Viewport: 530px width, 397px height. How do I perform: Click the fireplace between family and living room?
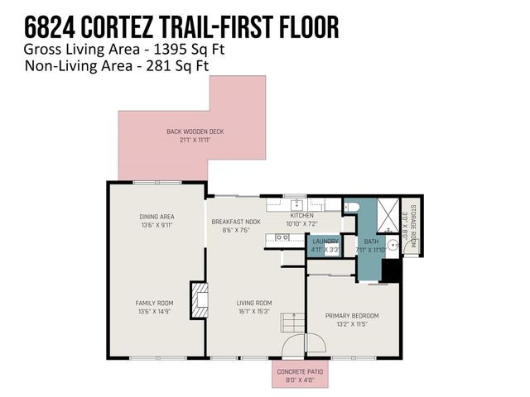(x=197, y=300)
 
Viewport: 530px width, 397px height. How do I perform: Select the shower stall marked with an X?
(x=386, y=212)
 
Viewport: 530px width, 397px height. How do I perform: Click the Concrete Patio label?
(x=301, y=371)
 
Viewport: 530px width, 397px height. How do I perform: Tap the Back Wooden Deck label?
(x=195, y=132)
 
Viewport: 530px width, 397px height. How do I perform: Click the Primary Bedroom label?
(x=352, y=315)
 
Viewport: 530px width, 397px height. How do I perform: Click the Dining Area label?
(x=157, y=217)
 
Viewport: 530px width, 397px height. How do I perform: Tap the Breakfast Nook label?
(x=235, y=222)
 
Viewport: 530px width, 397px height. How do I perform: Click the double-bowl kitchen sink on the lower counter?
(x=282, y=237)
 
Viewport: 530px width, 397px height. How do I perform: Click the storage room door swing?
(x=411, y=245)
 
